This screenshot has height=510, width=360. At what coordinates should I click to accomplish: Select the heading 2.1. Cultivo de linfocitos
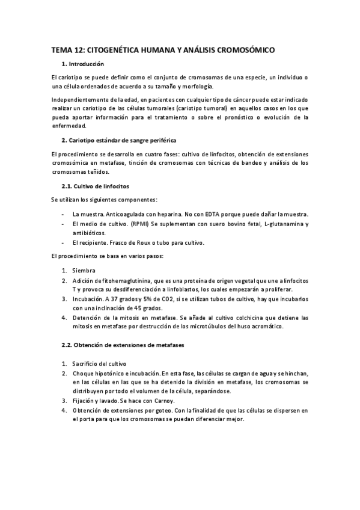click(95, 186)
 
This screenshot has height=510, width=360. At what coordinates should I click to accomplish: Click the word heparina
click(168, 214)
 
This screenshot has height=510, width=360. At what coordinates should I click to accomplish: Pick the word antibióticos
click(88, 233)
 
